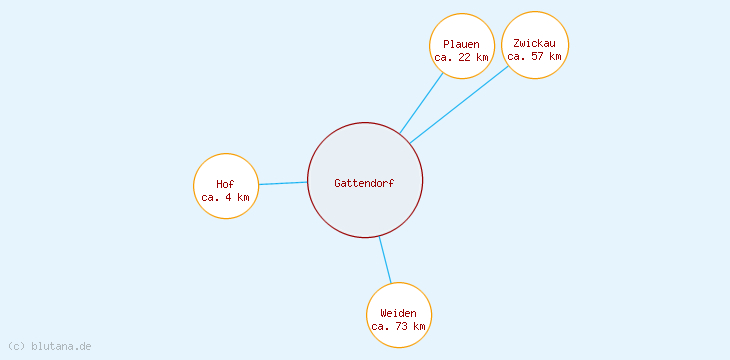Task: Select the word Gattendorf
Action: tap(364, 183)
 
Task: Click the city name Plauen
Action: tap(462, 44)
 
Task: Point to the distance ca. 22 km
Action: tap(462, 57)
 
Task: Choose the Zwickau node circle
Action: tap(535, 27)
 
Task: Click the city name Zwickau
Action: tap(534, 43)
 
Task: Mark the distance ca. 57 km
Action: tap(534, 56)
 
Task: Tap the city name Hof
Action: tap(225, 184)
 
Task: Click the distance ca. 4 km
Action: tap(225, 197)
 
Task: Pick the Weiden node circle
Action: tap(399, 297)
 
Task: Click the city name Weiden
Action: tap(398, 313)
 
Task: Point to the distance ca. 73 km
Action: tap(398, 326)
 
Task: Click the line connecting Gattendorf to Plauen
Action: tap(421, 103)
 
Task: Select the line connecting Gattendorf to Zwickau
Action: tap(458, 104)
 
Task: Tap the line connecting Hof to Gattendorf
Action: tap(283, 183)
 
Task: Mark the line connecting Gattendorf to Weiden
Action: tap(385, 260)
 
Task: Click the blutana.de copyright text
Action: tap(49, 346)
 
